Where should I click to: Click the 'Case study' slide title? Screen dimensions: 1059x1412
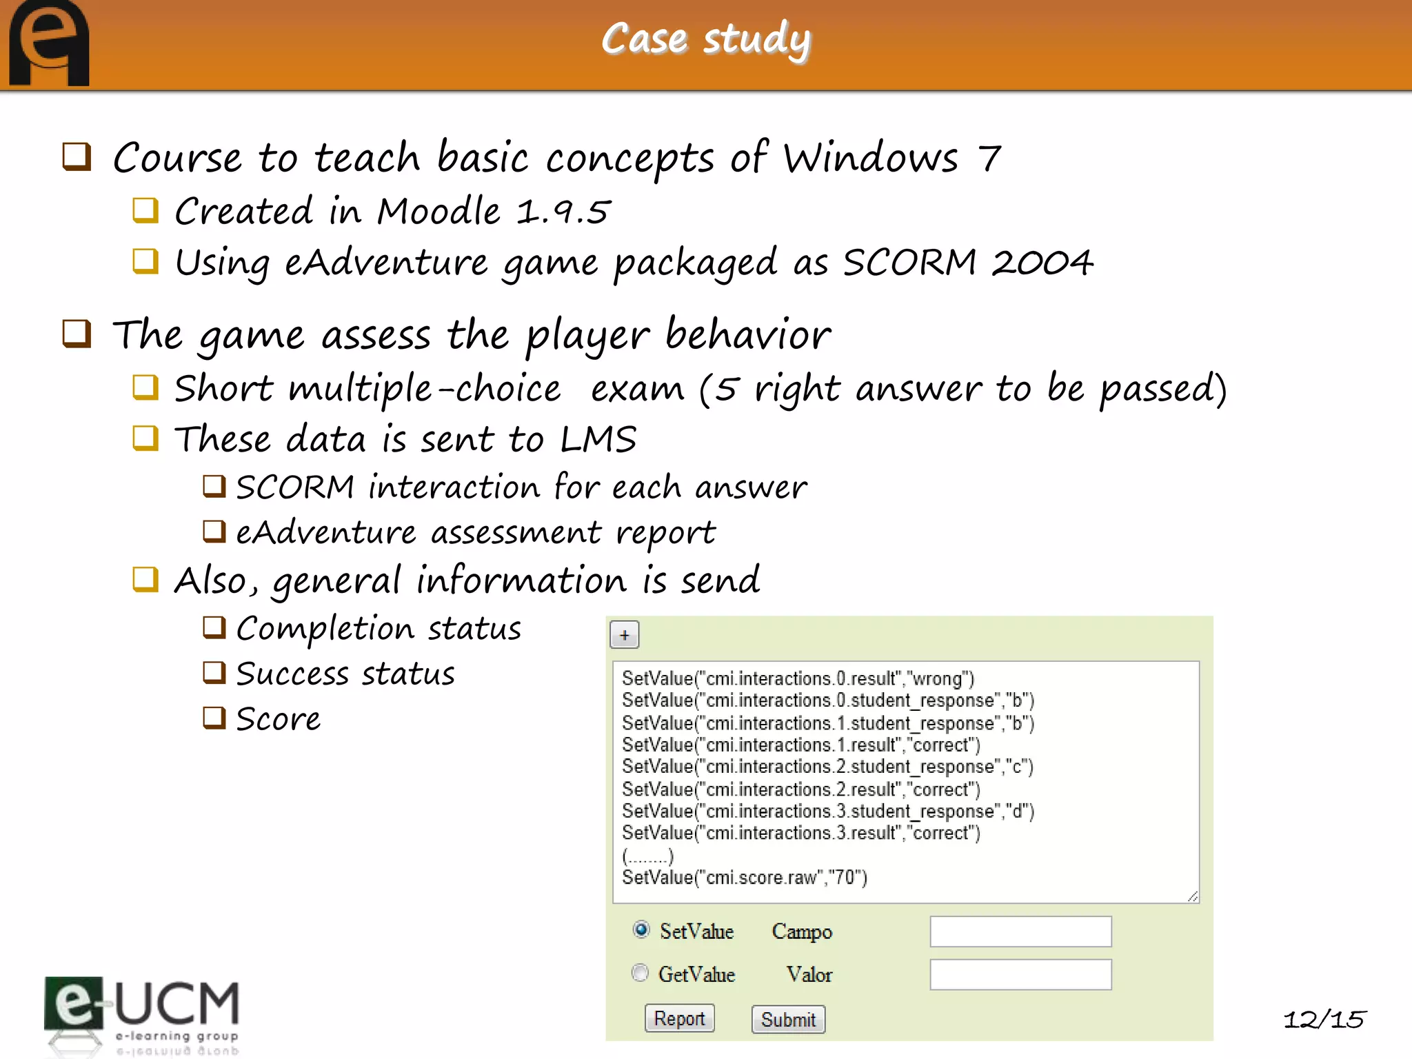[x=706, y=39]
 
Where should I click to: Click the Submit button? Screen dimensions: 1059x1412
[x=788, y=1019]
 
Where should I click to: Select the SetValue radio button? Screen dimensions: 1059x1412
[x=641, y=929]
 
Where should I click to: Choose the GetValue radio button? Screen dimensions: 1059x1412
[x=641, y=973]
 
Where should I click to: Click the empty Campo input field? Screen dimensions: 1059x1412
[x=1020, y=931]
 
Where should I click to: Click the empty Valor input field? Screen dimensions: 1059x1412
[x=1020, y=974]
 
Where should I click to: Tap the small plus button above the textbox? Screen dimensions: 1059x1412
[x=625, y=635]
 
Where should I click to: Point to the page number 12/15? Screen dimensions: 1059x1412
[x=1324, y=1019]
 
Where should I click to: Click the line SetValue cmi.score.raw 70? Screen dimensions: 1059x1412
[x=745, y=878]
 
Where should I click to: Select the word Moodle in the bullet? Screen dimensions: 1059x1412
[x=438, y=211]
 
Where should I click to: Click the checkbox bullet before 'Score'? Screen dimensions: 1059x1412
[x=214, y=718]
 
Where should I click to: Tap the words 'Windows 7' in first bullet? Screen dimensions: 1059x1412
[x=891, y=158]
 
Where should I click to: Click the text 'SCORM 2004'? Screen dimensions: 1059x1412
[x=967, y=263]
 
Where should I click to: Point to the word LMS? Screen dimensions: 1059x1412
[x=598, y=439]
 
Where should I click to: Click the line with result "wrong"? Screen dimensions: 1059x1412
[x=798, y=678]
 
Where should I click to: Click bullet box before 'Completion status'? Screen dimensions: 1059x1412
[x=214, y=627]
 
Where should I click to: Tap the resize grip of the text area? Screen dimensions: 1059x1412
[x=1193, y=896]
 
